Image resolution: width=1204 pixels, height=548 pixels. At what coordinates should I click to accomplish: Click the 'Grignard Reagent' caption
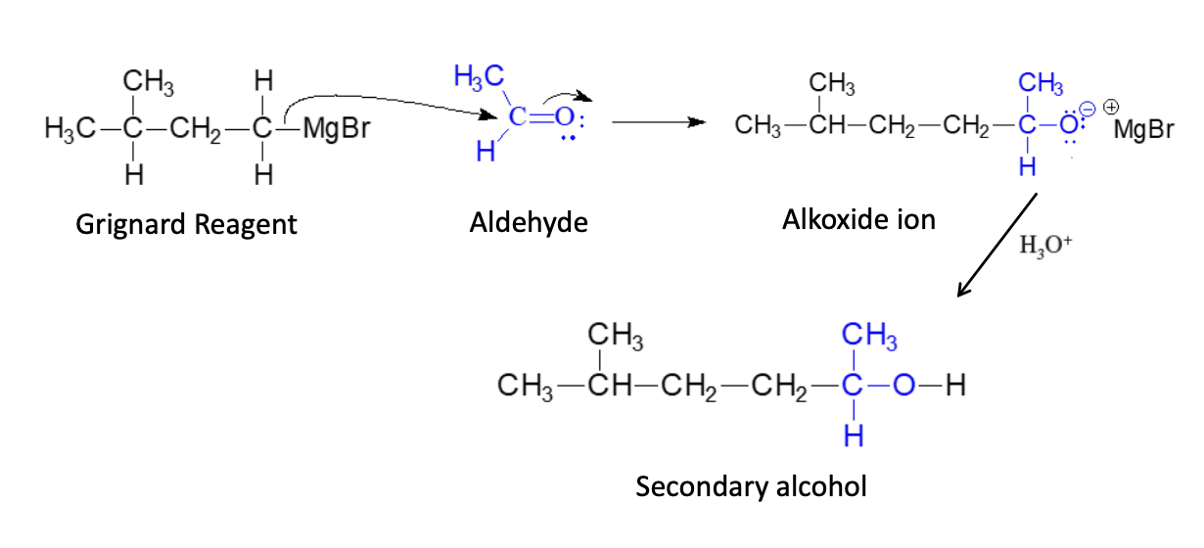pyautogui.click(x=186, y=225)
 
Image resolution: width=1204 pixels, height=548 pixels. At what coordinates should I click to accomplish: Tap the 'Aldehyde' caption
pyautogui.click(x=529, y=223)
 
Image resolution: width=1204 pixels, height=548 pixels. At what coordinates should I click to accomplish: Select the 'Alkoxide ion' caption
pyautogui.click(x=858, y=220)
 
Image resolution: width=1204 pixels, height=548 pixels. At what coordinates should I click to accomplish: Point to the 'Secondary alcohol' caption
pyautogui.click(x=751, y=486)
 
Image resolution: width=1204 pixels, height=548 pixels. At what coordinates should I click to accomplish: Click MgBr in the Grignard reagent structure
pyautogui.click(x=337, y=129)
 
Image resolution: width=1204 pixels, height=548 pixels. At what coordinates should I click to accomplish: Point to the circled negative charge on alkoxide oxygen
pyautogui.click(x=1088, y=109)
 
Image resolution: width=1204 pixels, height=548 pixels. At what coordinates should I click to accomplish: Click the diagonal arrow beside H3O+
pyautogui.click(x=996, y=246)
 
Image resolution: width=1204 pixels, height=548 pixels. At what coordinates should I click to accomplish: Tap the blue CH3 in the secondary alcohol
pyautogui.click(x=868, y=339)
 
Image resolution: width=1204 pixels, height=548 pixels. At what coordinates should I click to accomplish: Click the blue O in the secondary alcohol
pyautogui.click(x=903, y=387)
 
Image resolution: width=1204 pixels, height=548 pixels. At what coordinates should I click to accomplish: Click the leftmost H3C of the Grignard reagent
pyautogui.click(x=66, y=129)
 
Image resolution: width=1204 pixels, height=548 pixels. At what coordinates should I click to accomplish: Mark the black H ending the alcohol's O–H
pyautogui.click(x=956, y=387)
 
